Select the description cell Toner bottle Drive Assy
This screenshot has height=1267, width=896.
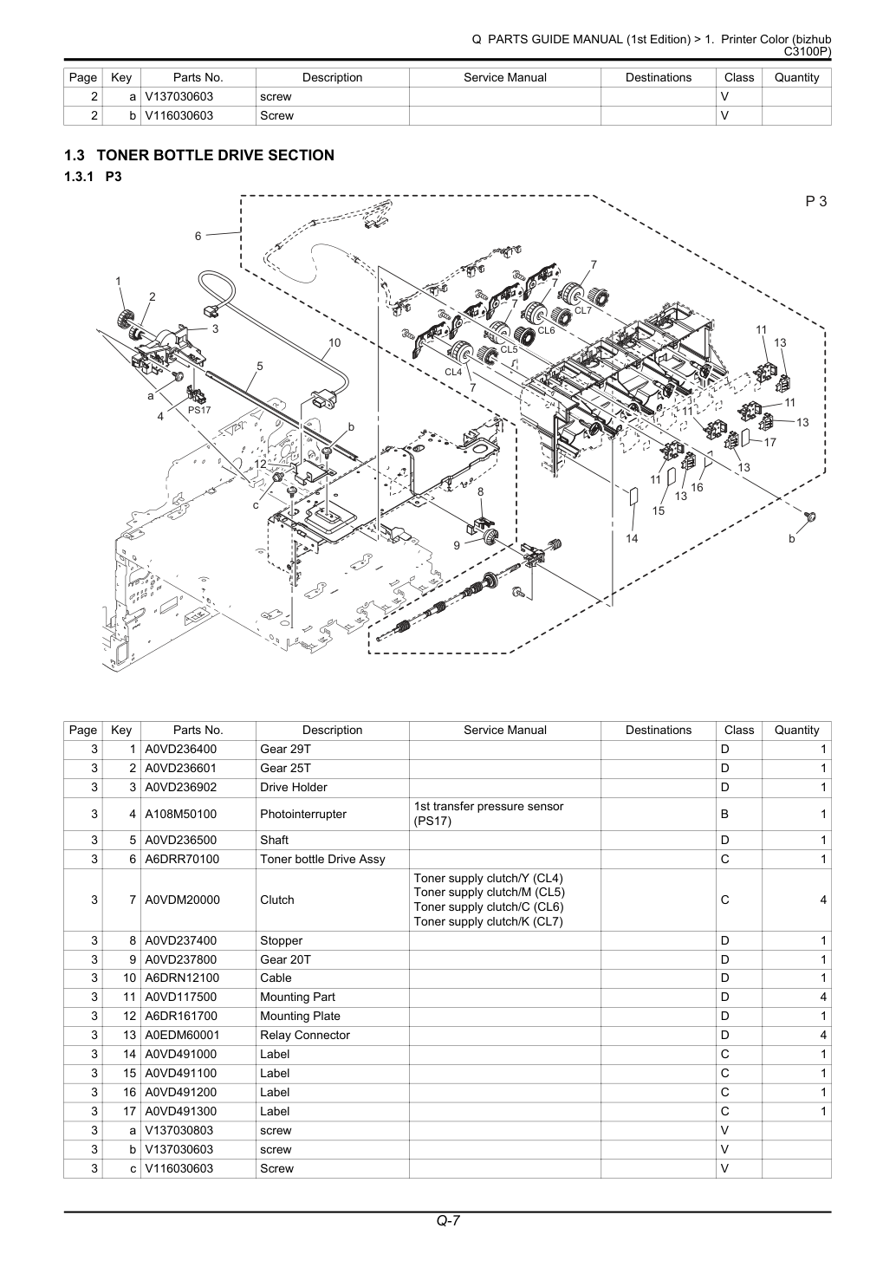322,859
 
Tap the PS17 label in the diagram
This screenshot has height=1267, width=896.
199,410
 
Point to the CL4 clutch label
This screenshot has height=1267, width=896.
453,372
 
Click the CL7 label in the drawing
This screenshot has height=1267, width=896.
583,310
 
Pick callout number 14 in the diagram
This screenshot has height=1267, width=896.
632,538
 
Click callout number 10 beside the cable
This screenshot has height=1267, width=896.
334,342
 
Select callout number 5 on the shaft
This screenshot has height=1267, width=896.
260,366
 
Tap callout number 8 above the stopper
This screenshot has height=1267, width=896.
480,491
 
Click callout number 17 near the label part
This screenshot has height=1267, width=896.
769,442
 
